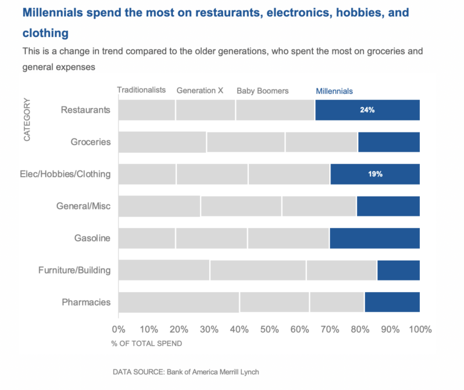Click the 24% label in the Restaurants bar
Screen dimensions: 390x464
tap(367, 110)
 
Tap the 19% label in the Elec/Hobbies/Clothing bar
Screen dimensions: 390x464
tap(375, 174)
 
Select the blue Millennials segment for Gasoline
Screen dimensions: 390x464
tap(375, 238)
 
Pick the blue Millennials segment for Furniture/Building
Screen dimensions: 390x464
tap(398, 270)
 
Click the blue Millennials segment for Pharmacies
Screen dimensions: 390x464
tap(392, 302)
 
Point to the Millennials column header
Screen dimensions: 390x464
tap(334, 91)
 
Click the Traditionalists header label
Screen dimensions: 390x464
tap(141, 90)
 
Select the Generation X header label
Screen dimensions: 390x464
tap(200, 91)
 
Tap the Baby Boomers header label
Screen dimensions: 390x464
tap(262, 91)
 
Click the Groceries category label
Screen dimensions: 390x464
tap(91, 142)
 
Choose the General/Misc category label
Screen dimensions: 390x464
tap(83, 206)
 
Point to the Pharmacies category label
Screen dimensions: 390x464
tap(86, 302)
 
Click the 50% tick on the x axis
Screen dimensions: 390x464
tap(269, 330)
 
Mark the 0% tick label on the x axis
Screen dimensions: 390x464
tap(118, 330)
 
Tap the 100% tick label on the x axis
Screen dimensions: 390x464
tap(420, 330)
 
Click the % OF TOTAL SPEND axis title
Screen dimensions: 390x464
tap(146, 343)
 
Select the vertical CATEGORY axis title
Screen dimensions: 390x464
tap(27, 120)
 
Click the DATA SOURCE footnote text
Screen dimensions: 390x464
tap(185, 372)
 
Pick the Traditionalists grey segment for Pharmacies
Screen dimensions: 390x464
tap(179, 302)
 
